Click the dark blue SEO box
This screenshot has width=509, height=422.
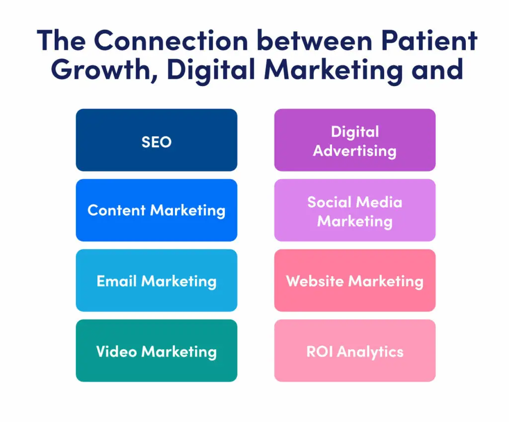(157, 140)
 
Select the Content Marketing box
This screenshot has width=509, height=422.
(157, 210)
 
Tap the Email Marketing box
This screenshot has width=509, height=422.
(157, 280)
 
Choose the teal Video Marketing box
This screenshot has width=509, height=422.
(157, 350)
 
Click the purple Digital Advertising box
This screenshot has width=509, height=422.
(355, 140)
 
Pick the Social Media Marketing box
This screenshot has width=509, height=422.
(355, 210)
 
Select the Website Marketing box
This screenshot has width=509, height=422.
(355, 280)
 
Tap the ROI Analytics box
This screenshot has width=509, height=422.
(355, 350)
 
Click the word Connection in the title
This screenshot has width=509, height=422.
(171, 40)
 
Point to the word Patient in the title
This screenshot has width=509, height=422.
(429, 40)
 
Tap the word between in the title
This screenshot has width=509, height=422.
(315, 40)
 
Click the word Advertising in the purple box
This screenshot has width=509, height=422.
(355, 151)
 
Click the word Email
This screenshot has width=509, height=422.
(116, 281)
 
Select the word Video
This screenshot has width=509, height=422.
(116, 351)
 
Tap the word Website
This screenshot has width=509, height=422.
(315, 281)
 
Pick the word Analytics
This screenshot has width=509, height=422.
(370, 352)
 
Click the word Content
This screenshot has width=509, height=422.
(116, 211)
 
